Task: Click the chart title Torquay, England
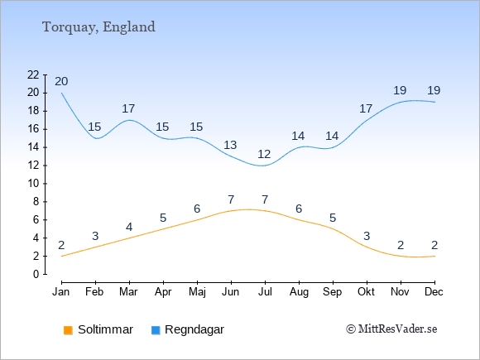[x=98, y=27]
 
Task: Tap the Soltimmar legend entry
[x=98, y=329]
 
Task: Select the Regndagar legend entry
[x=188, y=329]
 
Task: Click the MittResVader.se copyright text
[x=391, y=329]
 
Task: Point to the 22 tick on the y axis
[x=33, y=74]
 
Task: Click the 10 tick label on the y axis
[x=33, y=184]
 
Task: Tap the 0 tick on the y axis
[x=36, y=274]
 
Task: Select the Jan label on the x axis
[x=61, y=292]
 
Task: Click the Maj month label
[x=197, y=292]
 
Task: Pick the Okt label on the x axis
[x=366, y=292]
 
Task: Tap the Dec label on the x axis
[x=434, y=292]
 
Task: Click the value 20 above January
[x=61, y=81]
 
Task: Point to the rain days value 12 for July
[x=264, y=154]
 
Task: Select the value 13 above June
[x=230, y=145]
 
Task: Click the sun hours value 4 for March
[x=129, y=227]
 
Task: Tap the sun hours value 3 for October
[x=367, y=236]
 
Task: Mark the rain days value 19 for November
[x=400, y=90]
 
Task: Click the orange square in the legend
[x=68, y=330]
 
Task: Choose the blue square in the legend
[x=156, y=330]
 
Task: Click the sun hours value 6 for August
[x=299, y=209]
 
